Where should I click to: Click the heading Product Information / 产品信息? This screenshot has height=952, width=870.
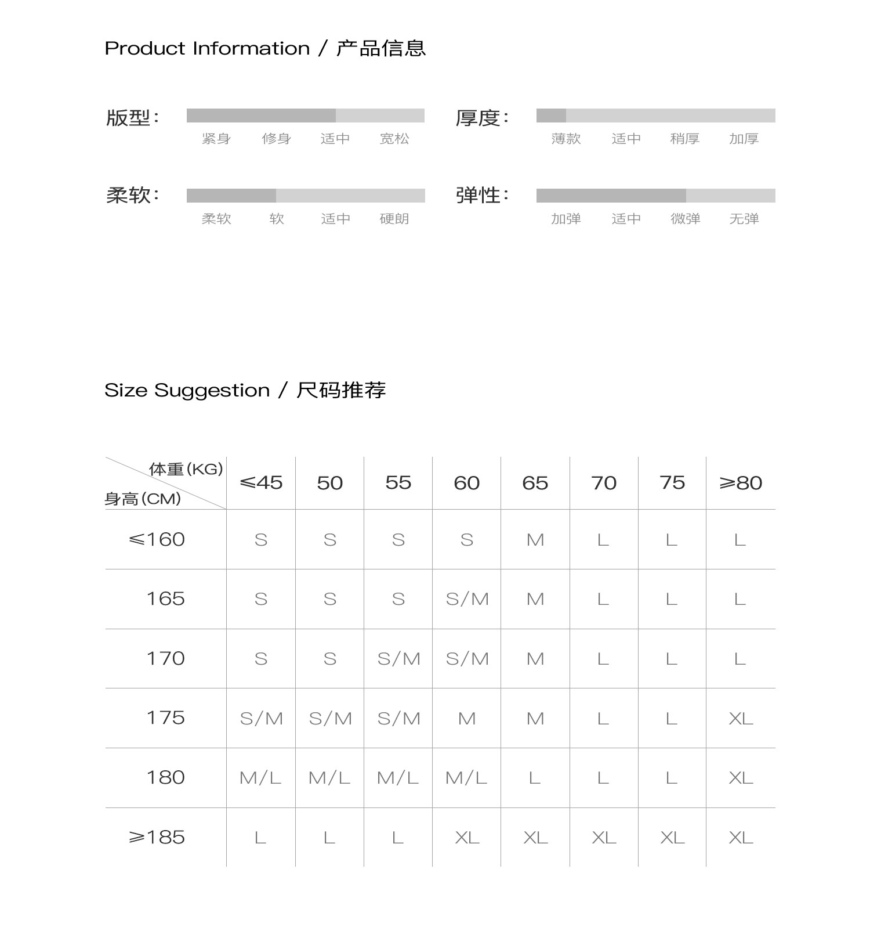tap(265, 48)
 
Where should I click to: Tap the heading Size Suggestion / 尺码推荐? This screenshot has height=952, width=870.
tap(245, 390)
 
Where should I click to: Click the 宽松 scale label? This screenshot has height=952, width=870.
tap(394, 139)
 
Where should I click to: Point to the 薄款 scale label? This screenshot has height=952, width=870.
tap(566, 139)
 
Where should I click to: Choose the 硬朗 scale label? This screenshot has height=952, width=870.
tap(394, 219)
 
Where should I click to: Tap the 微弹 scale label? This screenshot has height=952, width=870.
tap(686, 219)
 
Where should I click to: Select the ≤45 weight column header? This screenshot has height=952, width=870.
tap(261, 482)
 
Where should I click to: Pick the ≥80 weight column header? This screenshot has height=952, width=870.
tap(741, 482)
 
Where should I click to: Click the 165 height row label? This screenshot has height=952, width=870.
tap(165, 598)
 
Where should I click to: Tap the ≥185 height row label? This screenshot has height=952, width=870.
tap(157, 837)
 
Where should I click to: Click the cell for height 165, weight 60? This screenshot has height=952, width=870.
tap(467, 598)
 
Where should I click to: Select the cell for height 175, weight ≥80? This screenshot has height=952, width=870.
tap(741, 719)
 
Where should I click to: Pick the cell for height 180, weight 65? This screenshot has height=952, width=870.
tap(535, 778)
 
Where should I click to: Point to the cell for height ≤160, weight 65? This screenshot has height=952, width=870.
tap(535, 540)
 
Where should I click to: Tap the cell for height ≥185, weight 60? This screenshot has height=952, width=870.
tap(467, 837)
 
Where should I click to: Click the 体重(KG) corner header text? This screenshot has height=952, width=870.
tap(186, 469)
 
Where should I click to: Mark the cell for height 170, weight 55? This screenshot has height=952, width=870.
tap(398, 659)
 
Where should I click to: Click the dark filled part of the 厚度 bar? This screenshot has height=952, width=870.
tap(551, 116)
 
